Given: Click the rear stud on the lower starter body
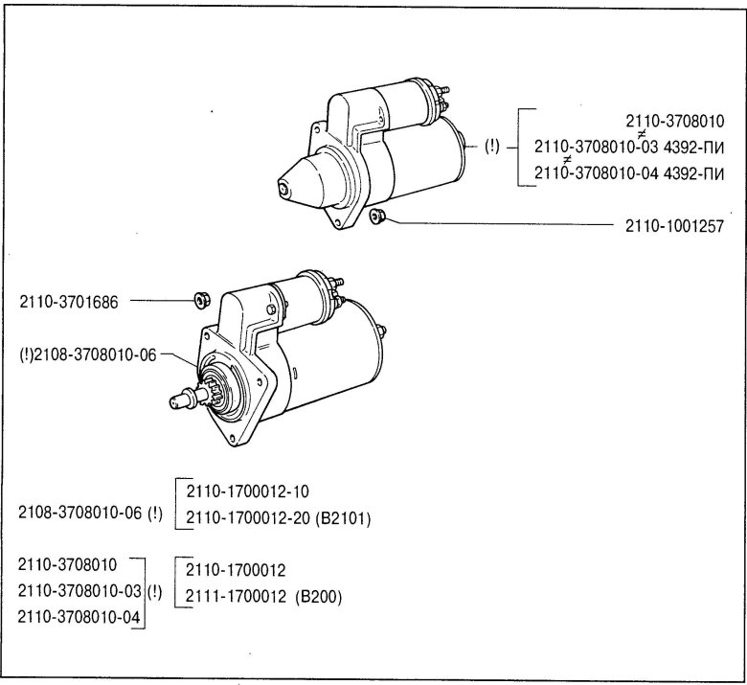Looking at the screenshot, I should click(385, 331).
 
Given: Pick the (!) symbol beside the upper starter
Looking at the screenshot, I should click(491, 147).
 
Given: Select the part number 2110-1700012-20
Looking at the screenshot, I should click(236, 518).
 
